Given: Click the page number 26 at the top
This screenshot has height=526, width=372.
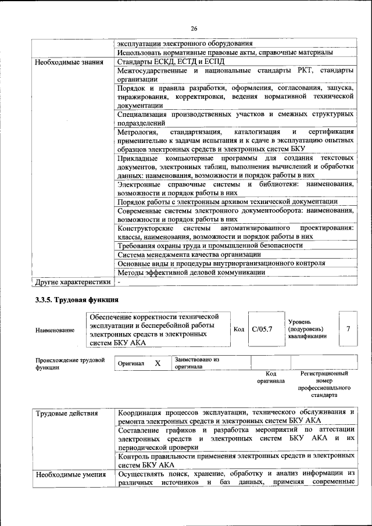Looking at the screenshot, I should pyautogui.click(x=194, y=28).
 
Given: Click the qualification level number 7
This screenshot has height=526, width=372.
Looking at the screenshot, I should pyautogui.click(x=348, y=329).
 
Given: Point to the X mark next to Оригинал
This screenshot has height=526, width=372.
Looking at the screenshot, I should pyautogui.click(x=157, y=363).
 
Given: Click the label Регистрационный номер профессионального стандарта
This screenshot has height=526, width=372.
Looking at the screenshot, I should pyautogui.click(x=324, y=384).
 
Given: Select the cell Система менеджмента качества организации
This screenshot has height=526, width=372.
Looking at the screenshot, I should pyautogui.click(x=188, y=255).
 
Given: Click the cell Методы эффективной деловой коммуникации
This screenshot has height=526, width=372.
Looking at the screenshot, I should pyautogui.click(x=191, y=272).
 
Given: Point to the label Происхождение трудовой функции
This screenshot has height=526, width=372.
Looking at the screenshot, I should pyautogui.click(x=70, y=363).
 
